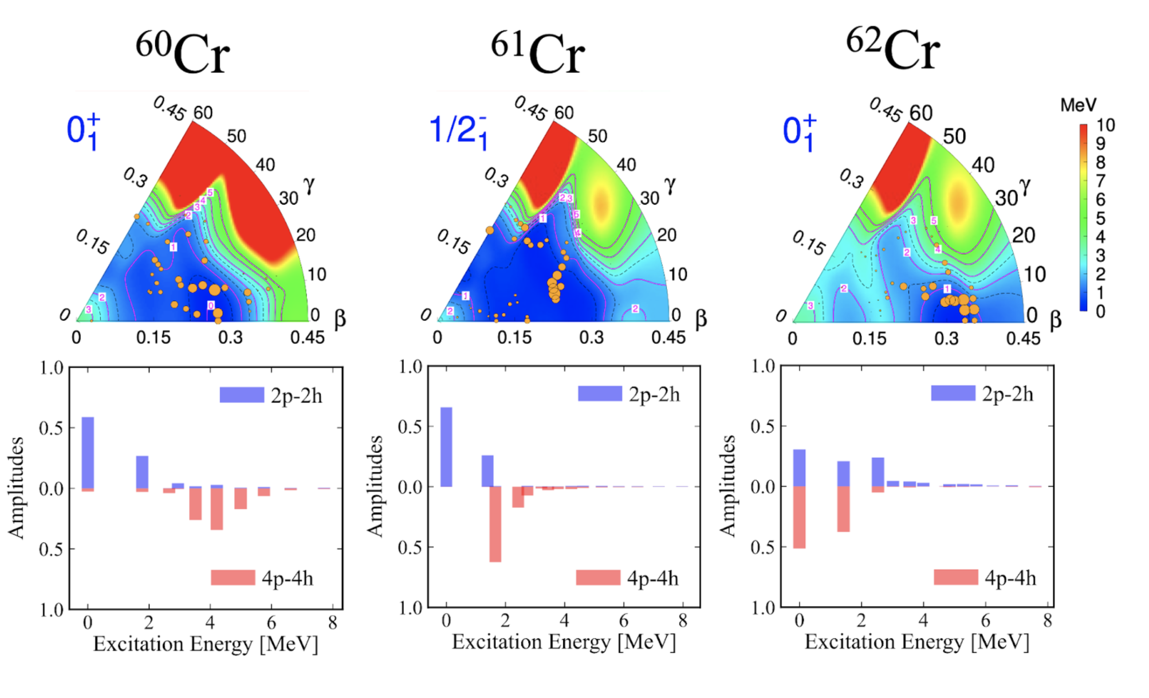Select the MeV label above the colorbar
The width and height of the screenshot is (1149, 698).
[1078, 105]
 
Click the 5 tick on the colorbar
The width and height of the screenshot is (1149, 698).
[1101, 218]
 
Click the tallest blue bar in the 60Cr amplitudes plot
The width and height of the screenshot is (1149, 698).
[88, 453]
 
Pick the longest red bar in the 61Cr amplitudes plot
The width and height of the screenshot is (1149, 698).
[495, 524]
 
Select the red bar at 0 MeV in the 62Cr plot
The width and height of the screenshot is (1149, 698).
[799, 517]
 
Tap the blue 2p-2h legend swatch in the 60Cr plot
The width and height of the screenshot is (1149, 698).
[242, 395]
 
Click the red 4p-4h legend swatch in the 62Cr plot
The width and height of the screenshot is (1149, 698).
[955, 577]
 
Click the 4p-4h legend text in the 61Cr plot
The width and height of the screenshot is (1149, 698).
[653, 578]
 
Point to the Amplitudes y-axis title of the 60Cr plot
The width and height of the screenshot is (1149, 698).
[16, 488]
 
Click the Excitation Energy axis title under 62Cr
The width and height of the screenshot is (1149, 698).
[916, 642]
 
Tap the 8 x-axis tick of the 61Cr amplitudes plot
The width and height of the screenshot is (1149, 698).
[683, 621]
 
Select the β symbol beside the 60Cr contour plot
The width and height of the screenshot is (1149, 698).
[340, 319]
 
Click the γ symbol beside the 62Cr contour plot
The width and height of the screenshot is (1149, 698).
[1025, 185]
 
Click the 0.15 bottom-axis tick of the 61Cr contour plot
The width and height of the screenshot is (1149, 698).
[514, 338]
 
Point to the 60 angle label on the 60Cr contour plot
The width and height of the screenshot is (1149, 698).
[203, 113]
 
